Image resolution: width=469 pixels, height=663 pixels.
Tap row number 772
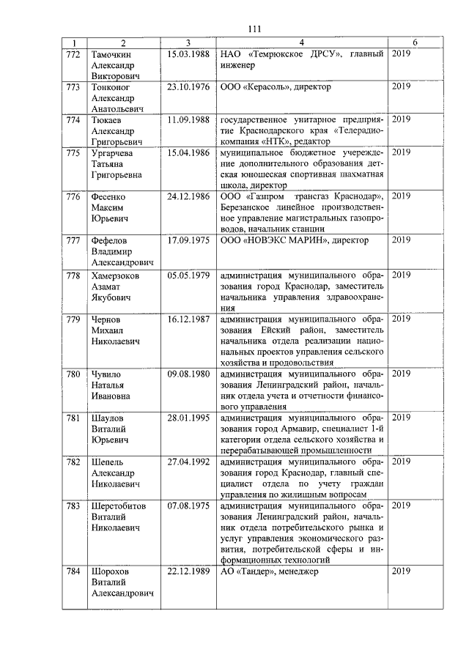pyautogui.click(x=73, y=54)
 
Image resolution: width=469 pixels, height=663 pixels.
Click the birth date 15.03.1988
pyautogui.click(x=188, y=54)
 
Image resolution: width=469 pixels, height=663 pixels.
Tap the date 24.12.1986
pyautogui.click(x=188, y=196)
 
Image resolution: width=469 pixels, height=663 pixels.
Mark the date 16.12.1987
pyautogui.click(x=188, y=319)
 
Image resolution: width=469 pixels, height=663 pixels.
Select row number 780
pyautogui.click(x=73, y=374)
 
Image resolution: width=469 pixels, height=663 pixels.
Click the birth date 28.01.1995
pyautogui.click(x=188, y=418)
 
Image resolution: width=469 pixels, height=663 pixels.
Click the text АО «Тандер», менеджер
pyautogui.click(x=270, y=571)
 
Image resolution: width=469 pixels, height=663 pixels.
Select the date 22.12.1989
pyautogui.click(x=188, y=571)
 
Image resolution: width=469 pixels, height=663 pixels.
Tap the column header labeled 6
pyautogui.click(x=415, y=43)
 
